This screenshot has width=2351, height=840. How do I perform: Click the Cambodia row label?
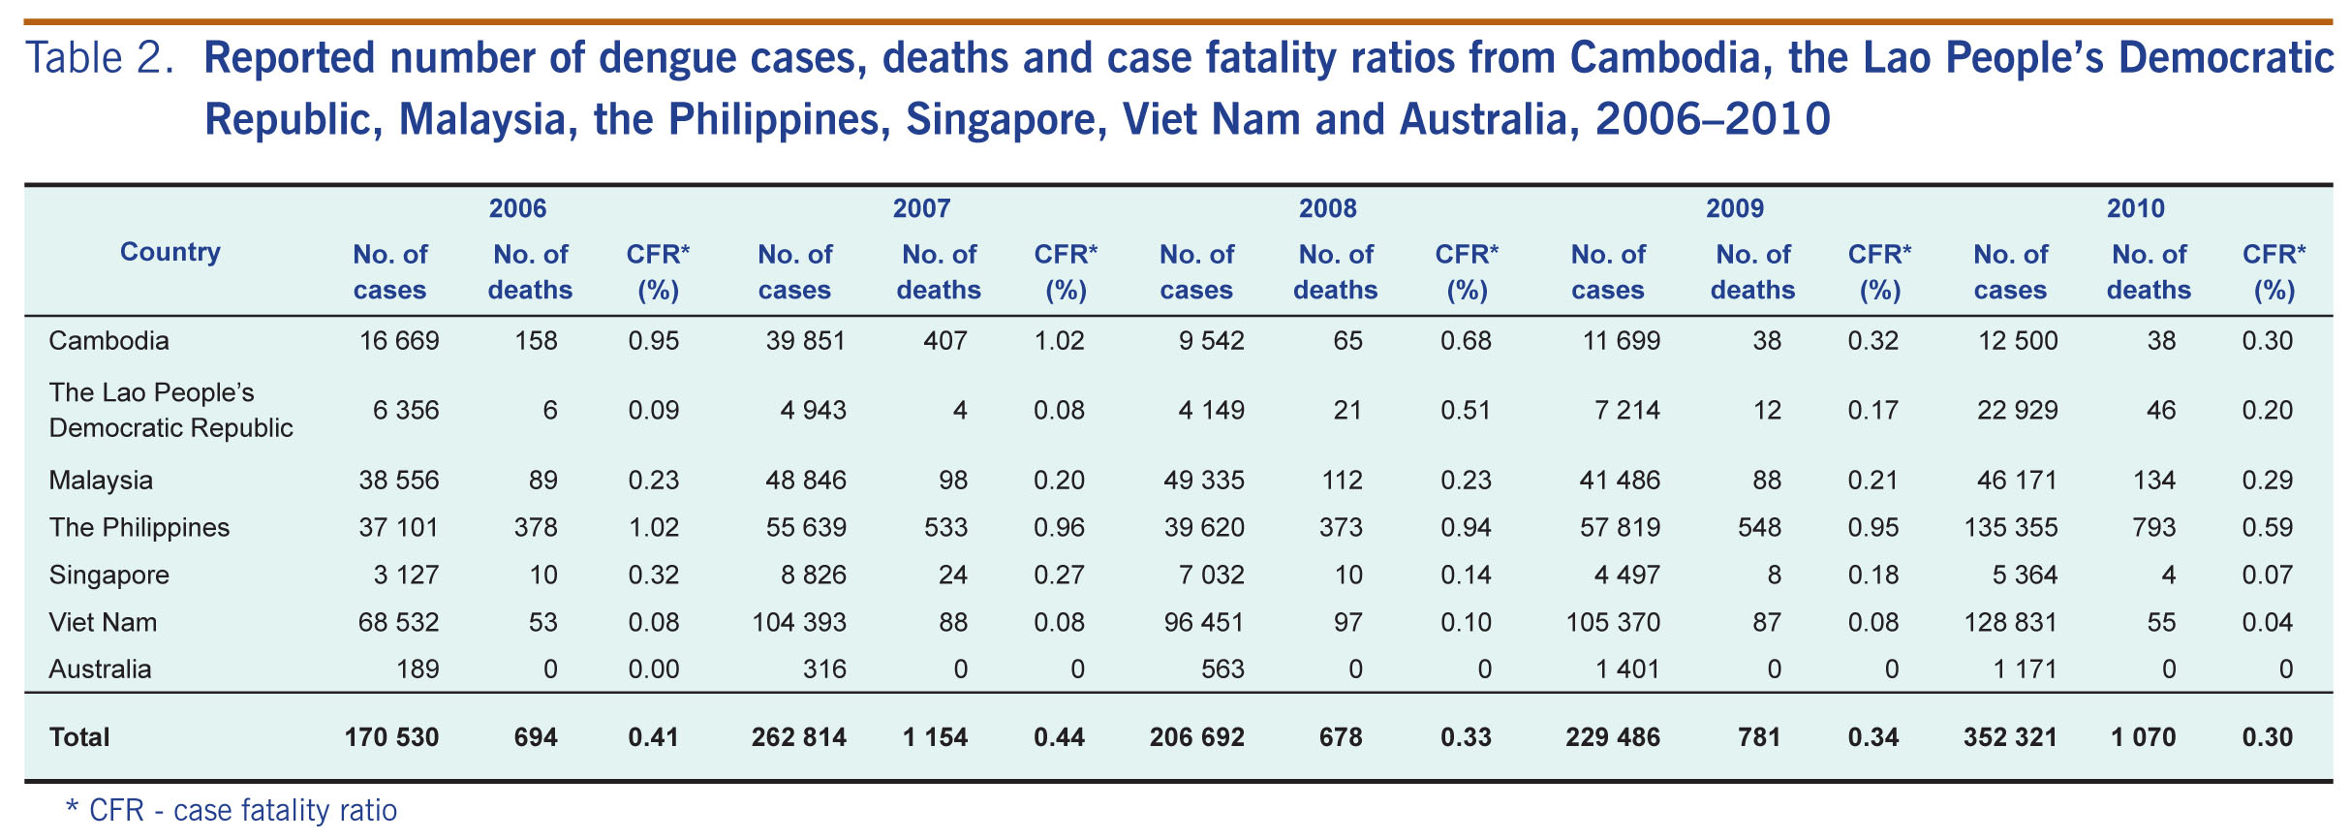click(x=108, y=341)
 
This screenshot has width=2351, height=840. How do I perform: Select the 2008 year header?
click(x=1327, y=208)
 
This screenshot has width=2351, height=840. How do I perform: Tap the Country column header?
click(x=170, y=252)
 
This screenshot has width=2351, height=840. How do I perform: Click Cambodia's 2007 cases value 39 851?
click(x=799, y=341)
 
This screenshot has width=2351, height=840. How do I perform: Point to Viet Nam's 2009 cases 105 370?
click(x=1613, y=623)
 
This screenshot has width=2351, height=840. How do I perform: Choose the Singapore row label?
click(x=108, y=576)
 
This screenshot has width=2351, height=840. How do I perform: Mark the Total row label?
click(x=79, y=737)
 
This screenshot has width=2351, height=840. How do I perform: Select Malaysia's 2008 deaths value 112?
click(x=1342, y=481)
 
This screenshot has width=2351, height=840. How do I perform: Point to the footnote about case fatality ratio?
click(x=231, y=810)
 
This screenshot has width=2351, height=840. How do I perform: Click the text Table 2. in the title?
click(x=99, y=58)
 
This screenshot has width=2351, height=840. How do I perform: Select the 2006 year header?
click(x=517, y=208)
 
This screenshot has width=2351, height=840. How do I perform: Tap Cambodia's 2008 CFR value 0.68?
click(x=1466, y=341)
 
